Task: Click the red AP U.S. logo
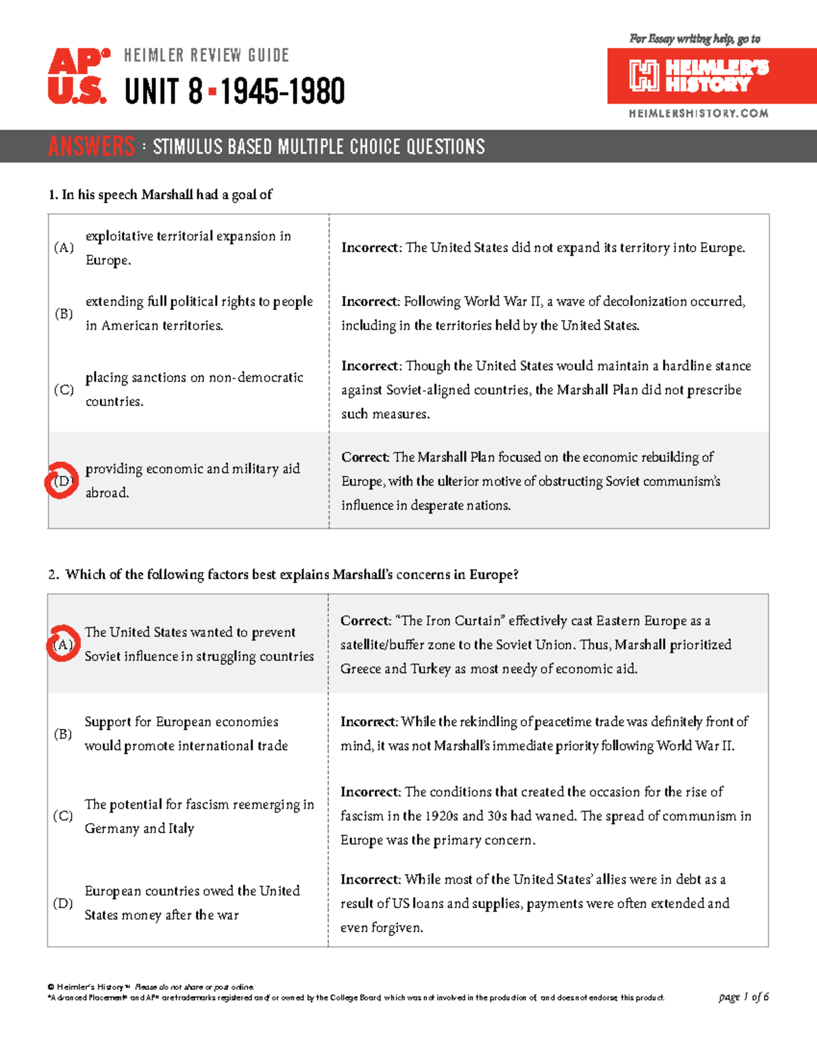(77, 76)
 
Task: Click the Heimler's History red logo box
(711, 76)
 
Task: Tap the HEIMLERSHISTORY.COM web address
(698, 114)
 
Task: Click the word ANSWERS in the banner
(91, 146)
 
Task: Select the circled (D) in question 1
(62, 481)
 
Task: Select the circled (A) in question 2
(63, 644)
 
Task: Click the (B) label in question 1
(63, 313)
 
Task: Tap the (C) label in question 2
(63, 815)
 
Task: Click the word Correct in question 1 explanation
(365, 457)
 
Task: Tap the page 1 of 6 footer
(743, 997)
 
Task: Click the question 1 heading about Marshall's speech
(161, 195)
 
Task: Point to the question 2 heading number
(53, 575)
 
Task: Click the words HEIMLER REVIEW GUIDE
(206, 55)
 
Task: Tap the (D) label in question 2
(63, 903)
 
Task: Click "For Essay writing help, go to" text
(694, 39)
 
